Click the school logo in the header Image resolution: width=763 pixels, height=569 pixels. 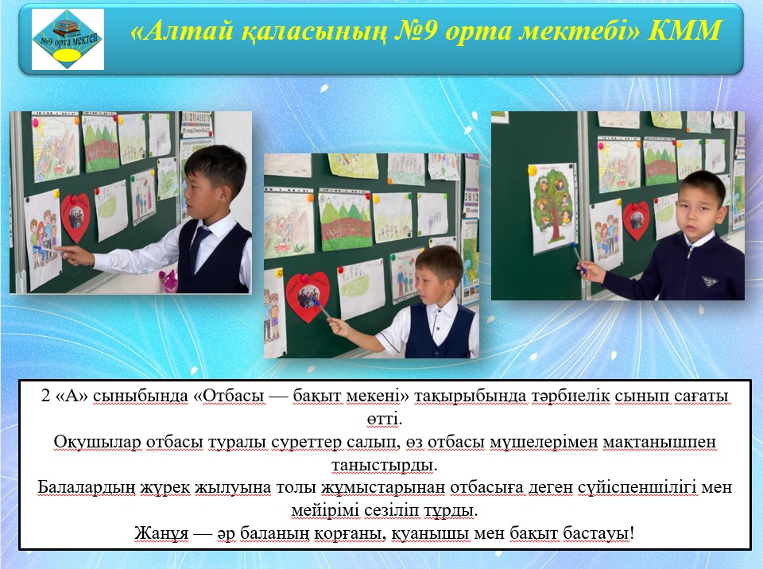(x=68, y=39)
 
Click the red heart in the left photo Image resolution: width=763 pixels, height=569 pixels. (x=76, y=217)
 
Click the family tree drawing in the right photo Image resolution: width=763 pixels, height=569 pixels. (x=553, y=208)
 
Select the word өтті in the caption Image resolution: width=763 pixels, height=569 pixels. (x=384, y=419)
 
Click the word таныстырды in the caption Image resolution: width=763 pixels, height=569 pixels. (x=385, y=465)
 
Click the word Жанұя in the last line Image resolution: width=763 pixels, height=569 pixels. (x=161, y=533)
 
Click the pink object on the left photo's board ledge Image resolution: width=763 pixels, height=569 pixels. (x=168, y=281)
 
